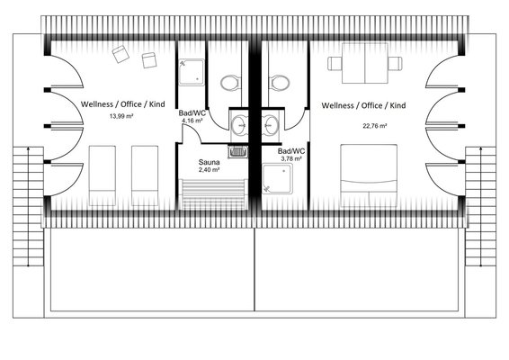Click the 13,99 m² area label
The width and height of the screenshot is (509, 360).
tap(121, 116)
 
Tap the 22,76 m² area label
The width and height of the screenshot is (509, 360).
tap(375, 126)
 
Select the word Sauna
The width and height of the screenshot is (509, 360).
tap(209, 162)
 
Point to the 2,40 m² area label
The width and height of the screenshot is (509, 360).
tap(209, 169)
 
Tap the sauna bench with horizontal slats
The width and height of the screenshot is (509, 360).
tap(213, 194)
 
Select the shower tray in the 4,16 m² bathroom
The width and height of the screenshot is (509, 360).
tap(192, 73)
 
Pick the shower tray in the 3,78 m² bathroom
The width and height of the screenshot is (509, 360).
tap(278, 179)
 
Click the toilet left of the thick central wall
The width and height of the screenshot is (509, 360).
tap(231, 83)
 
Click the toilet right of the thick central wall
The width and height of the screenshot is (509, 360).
tap(279, 83)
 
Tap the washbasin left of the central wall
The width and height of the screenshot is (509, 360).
tap(239, 125)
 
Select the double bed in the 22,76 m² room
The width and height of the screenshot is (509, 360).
tap(369, 175)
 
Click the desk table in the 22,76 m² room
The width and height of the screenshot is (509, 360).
tap(365, 63)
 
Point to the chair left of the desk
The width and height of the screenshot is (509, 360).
tap(335, 63)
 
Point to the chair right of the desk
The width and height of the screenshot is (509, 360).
tap(395, 63)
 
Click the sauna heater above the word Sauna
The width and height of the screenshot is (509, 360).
tap(238, 152)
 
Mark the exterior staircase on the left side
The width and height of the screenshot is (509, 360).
tap(28, 206)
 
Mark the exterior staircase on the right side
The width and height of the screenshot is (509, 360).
tap(480, 206)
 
